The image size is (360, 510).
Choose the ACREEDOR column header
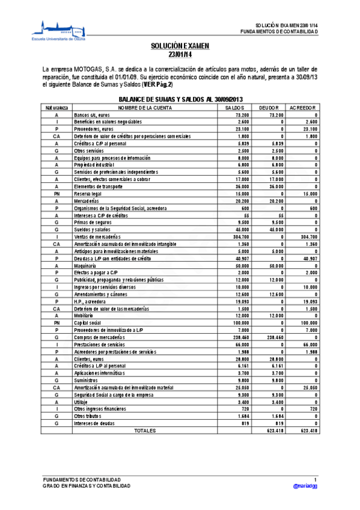pyautogui.click(x=302, y=107)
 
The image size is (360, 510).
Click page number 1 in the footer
pyautogui.click(x=315, y=479)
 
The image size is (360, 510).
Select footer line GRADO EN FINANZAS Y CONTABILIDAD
pyautogui.click(x=86, y=485)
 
